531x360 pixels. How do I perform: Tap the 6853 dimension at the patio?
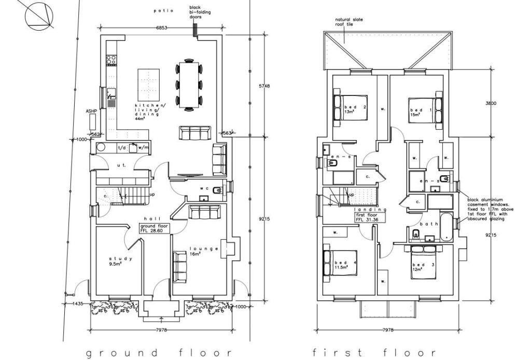tap(162, 27)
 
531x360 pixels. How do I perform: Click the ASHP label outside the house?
tap(91, 112)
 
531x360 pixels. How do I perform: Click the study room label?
tap(121, 259)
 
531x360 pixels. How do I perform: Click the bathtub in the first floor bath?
tap(445, 227)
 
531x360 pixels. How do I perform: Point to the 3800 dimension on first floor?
tap(491, 103)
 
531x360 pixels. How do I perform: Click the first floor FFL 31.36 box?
tap(371, 217)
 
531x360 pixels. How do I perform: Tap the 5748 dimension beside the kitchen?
tap(264, 86)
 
